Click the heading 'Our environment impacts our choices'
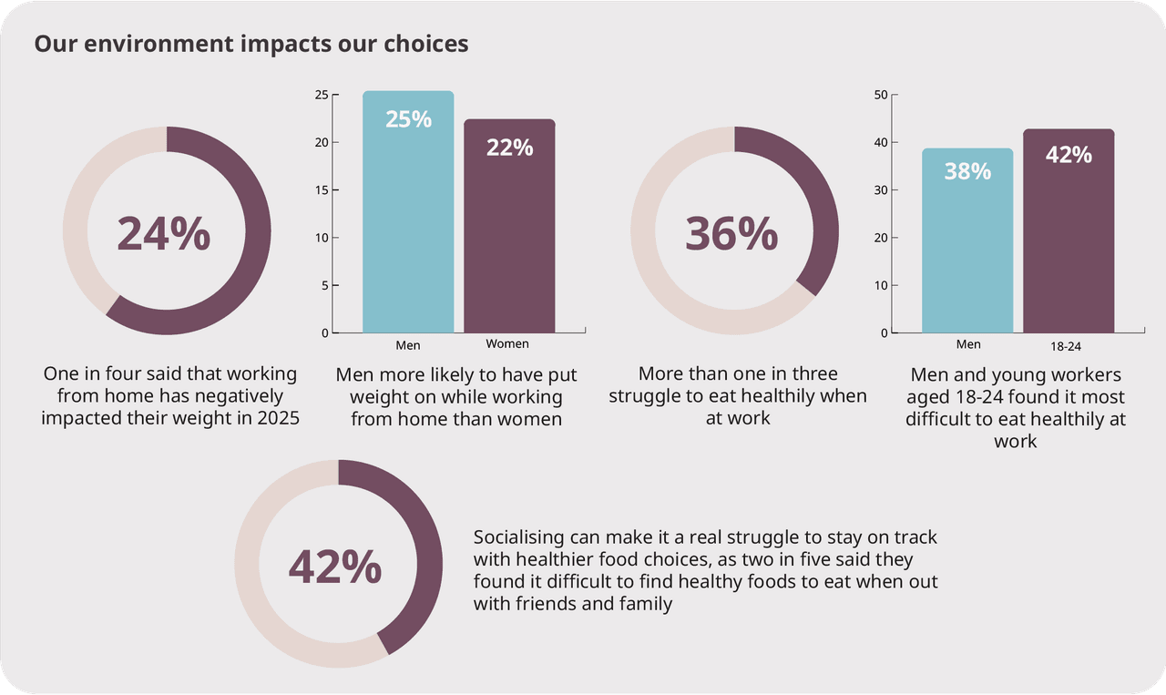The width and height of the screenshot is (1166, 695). point(251,44)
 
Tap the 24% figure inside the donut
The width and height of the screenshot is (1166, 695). point(164,234)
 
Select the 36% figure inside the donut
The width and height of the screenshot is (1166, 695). point(731,234)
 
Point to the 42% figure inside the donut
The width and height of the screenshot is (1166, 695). point(335,567)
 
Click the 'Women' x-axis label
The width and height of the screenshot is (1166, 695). point(507,344)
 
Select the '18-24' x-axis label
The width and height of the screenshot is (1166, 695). point(1065,346)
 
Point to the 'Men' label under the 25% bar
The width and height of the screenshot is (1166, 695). point(408,345)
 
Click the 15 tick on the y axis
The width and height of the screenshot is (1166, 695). point(322,190)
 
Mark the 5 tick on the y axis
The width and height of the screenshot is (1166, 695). point(324,285)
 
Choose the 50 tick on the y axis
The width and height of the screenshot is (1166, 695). point(880,95)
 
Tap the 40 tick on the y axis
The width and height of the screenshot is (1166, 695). point(880,142)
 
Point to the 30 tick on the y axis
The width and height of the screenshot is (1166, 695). point(880,190)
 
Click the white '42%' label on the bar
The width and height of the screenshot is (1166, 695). point(1069,155)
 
